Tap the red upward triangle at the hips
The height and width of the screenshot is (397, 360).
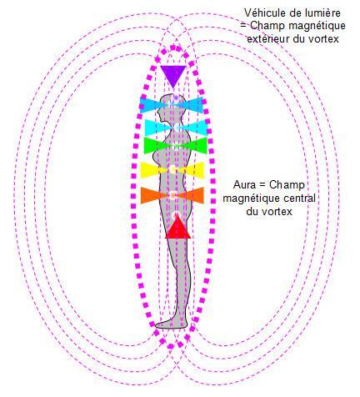point(177,229)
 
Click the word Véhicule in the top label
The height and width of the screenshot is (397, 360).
point(262,13)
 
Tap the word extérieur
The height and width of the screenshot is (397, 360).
point(268,39)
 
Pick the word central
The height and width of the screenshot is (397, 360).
point(299,198)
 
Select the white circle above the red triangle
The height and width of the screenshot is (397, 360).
point(176,215)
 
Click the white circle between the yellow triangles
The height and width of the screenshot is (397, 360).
point(172,169)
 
